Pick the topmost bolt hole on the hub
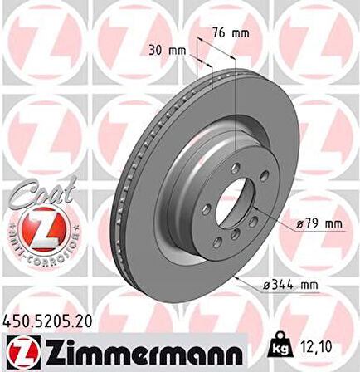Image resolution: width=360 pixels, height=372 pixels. tap(238, 168)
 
